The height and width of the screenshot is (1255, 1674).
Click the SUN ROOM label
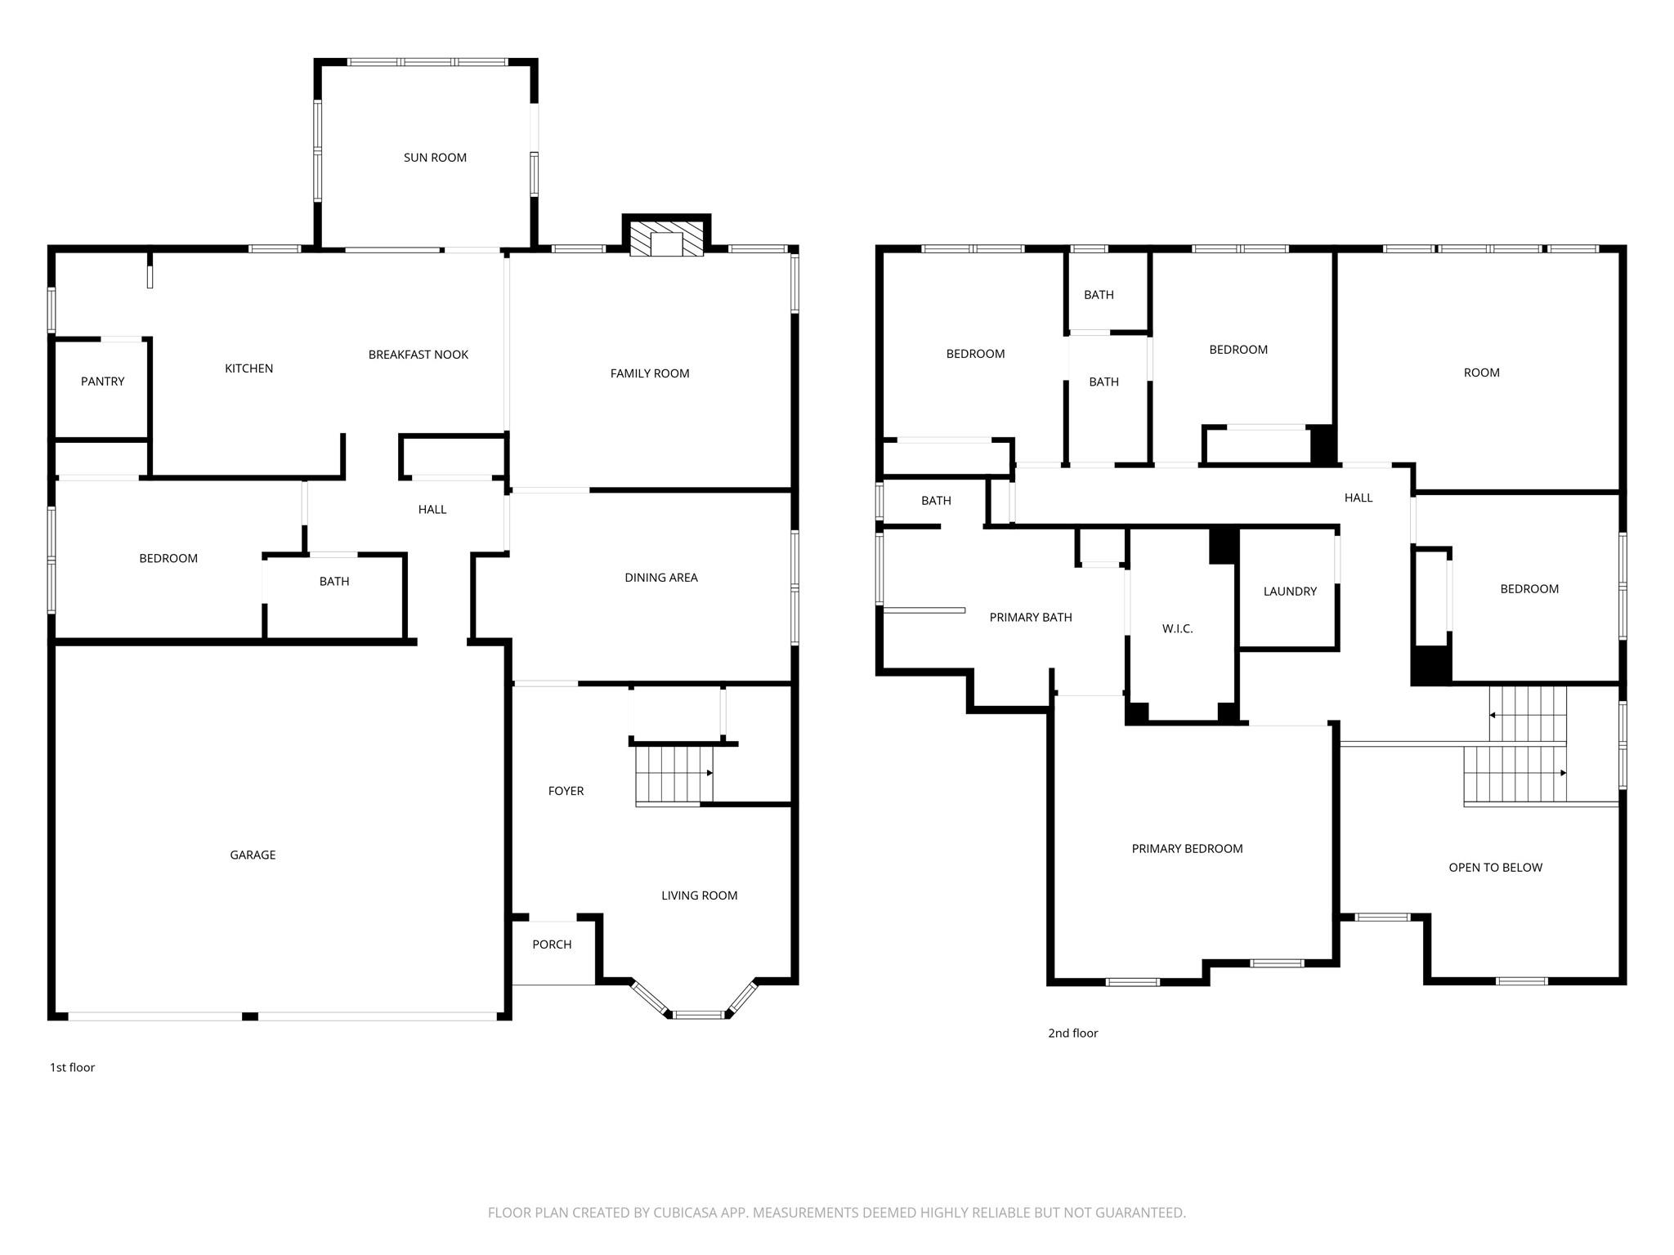(x=435, y=158)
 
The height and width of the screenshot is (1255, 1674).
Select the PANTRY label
(x=102, y=382)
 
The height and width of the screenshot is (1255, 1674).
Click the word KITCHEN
(x=248, y=368)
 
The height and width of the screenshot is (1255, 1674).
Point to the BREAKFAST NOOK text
(x=418, y=355)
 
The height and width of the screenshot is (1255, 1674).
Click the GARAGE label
(x=253, y=855)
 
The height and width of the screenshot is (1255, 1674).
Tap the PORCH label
(x=552, y=945)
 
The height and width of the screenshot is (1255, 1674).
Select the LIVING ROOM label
(x=699, y=895)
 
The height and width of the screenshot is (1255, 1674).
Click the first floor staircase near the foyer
(x=673, y=775)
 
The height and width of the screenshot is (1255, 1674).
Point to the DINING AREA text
(x=660, y=578)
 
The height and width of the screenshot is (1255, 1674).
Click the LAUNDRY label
(x=1290, y=592)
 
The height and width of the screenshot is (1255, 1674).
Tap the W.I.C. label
(x=1177, y=628)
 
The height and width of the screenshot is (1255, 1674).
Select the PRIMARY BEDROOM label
(x=1187, y=849)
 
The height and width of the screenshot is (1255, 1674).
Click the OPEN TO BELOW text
(x=1495, y=868)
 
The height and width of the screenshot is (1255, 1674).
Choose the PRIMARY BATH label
(x=1030, y=618)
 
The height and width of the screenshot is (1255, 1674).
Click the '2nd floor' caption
(x=1072, y=1033)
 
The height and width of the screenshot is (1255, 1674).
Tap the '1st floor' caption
(x=72, y=1067)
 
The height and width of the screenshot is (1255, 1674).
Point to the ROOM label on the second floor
(x=1481, y=373)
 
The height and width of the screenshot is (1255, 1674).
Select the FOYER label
(x=566, y=791)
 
